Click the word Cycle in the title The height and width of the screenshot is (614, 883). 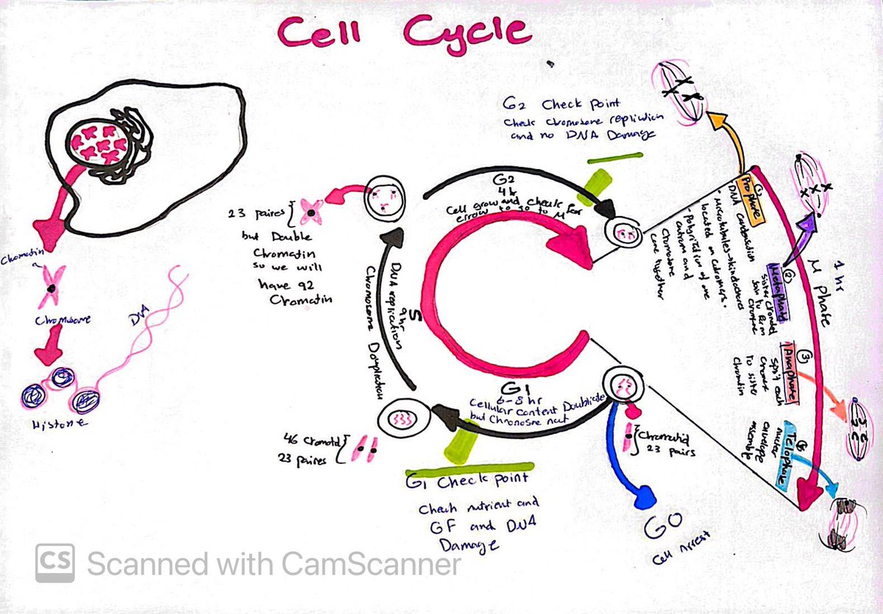(x=467, y=31)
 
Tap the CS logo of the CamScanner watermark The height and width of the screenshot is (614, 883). (x=55, y=564)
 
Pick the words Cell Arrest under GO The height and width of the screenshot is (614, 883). (x=671, y=558)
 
